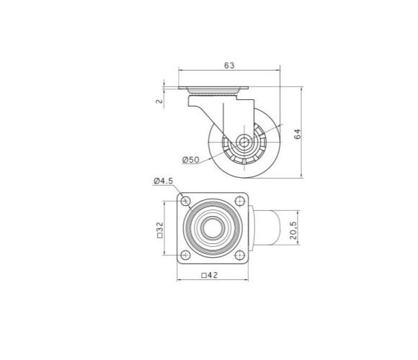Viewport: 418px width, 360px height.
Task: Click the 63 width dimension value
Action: point(229,66)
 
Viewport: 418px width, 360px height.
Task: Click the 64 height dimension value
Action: point(297,134)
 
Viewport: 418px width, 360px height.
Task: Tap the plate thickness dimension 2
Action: point(159,102)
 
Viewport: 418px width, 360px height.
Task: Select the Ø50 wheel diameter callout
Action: point(191,160)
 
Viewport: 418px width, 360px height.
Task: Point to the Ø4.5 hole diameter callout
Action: point(164,181)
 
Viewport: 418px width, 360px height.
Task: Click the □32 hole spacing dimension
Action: point(160,230)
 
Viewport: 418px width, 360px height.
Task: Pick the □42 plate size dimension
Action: point(210,275)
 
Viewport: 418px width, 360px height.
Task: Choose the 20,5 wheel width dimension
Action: point(293,230)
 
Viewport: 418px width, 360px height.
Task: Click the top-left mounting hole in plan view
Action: point(185,201)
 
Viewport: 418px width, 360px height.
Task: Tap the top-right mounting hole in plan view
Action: point(240,201)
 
